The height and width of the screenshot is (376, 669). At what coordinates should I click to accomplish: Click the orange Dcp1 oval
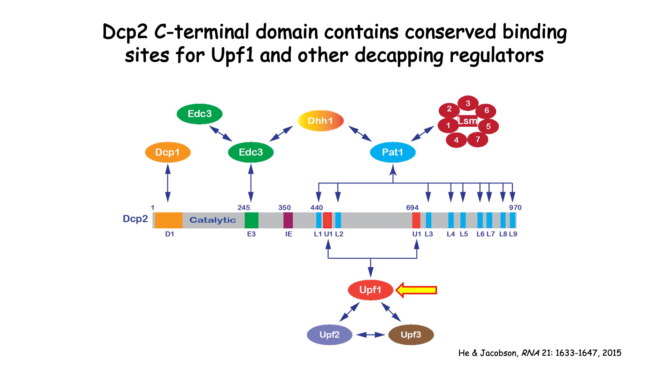pyautogui.click(x=168, y=152)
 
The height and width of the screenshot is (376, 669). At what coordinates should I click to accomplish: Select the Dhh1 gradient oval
pyautogui.click(x=321, y=121)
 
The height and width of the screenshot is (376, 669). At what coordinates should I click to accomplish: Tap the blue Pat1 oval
pyautogui.click(x=393, y=152)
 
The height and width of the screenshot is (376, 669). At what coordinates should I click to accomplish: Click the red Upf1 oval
pyautogui.click(x=370, y=290)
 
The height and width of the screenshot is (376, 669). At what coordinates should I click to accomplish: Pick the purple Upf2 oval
pyautogui.click(x=329, y=335)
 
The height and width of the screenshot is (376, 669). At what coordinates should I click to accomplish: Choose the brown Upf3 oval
pyautogui.click(x=411, y=335)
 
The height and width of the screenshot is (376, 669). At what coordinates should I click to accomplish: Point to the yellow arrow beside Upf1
pyautogui.click(x=417, y=290)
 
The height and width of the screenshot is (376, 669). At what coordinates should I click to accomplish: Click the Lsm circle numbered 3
pyautogui.click(x=468, y=103)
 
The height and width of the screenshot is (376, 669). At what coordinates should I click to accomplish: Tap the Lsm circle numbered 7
pyautogui.click(x=478, y=140)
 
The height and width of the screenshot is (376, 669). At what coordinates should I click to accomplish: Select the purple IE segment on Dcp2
pyautogui.click(x=288, y=220)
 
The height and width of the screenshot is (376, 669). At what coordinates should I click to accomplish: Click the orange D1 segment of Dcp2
pyautogui.click(x=169, y=220)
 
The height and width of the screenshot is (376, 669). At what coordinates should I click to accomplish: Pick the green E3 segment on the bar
pyautogui.click(x=251, y=220)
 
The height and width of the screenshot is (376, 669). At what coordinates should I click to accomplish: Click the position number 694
pyautogui.click(x=412, y=207)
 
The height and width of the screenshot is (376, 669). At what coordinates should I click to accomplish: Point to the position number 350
pyautogui.click(x=284, y=207)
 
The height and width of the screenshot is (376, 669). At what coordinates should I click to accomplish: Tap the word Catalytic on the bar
pyautogui.click(x=213, y=220)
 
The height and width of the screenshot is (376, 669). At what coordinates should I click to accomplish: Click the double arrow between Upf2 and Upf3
pyautogui.click(x=370, y=335)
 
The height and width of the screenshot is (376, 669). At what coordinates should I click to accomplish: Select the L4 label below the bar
pyautogui.click(x=451, y=234)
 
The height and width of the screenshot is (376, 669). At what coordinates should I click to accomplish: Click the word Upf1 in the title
pyautogui.click(x=232, y=55)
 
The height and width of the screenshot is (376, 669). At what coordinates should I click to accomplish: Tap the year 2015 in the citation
pyautogui.click(x=612, y=353)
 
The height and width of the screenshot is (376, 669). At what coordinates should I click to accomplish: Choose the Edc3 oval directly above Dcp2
pyautogui.click(x=251, y=152)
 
